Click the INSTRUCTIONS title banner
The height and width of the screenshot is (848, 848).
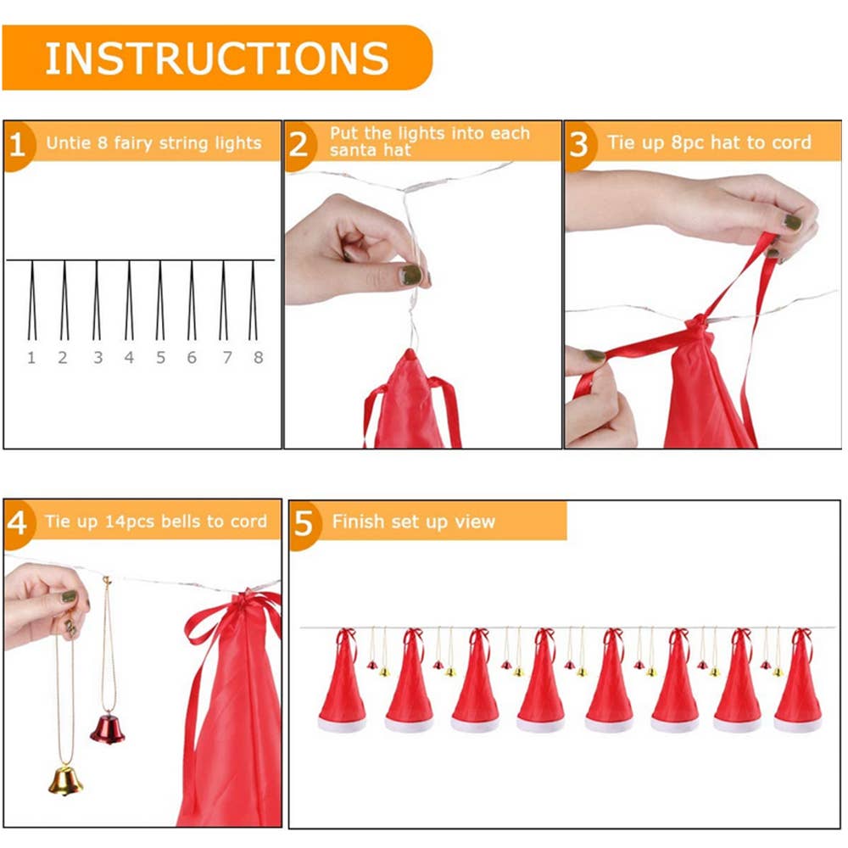pyautogui.click(x=217, y=58)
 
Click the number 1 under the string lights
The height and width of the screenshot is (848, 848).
pyautogui.click(x=31, y=358)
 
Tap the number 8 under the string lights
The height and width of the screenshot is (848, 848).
pyautogui.click(x=258, y=358)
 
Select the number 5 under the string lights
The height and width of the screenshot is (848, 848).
pyautogui.click(x=160, y=358)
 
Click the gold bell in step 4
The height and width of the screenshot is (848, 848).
pyautogui.click(x=65, y=778)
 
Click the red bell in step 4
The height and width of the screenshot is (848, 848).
pyautogui.click(x=108, y=728)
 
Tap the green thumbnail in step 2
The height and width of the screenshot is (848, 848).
pyautogui.click(x=411, y=274)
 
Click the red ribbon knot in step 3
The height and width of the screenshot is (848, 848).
pyautogui.click(x=695, y=326)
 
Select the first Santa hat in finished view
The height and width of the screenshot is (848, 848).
pyautogui.click(x=342, y=683)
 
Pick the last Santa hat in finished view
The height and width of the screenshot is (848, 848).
pyautogui.click(x=798, y=683)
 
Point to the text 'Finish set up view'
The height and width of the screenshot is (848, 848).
pyautogui.click(x=413, y=522)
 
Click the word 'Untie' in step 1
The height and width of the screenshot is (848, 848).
pyautogui.click(x=67, y=142)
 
